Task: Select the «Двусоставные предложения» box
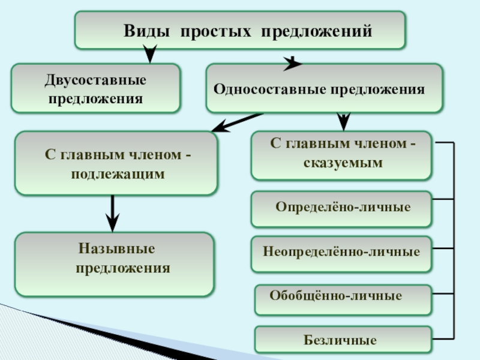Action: [x=96, y=89]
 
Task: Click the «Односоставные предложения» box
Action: [x=324, y=89]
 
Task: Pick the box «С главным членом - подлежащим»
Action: [x=116, y=163]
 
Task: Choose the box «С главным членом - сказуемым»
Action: [x=341, y=155]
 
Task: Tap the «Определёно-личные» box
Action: [x=341, y=209]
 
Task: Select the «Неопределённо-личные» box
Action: [x=341, y=251]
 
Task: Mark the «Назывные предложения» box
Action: [x=115, y=264]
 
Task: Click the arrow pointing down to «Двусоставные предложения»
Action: [x=151, y=55]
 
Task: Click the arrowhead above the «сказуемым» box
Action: [x=343, y=121]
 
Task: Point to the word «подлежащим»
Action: [x=118, y=173]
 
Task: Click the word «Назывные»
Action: [x=116, y=248]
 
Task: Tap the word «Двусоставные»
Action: [x=96, y=80]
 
